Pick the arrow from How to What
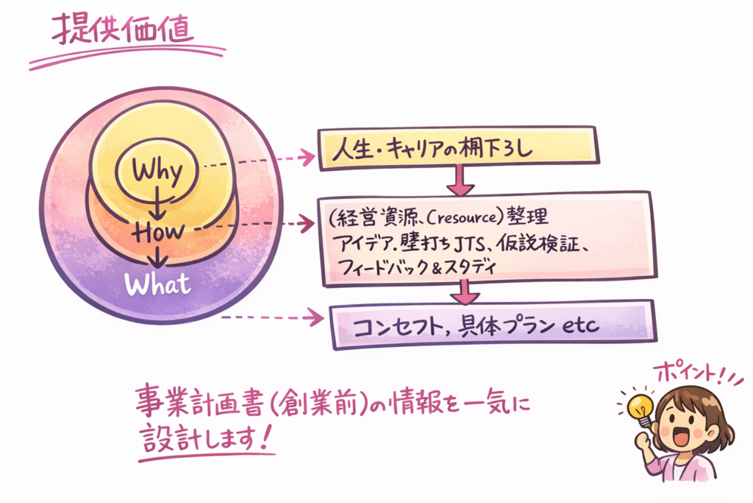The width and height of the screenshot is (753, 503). point(156,256)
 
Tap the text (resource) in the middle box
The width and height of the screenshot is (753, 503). point(457,219)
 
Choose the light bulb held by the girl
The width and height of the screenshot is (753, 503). point(638,405)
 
